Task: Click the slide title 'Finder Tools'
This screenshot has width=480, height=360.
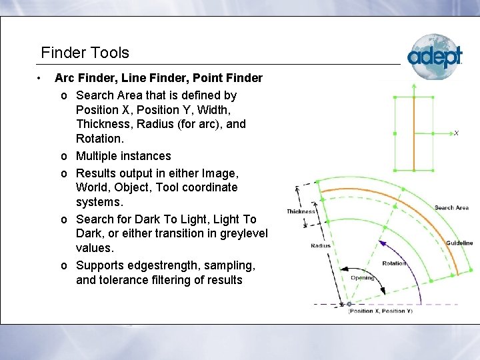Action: coord(85,53)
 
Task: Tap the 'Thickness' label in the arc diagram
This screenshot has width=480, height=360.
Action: coord(301,211)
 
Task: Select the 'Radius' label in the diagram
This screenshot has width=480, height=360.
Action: coord(320,246)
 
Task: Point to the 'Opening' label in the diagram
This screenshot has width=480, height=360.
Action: coord(362,278)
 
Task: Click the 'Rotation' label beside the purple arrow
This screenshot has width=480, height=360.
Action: coord(394,263)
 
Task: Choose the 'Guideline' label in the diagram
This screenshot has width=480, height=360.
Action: coord(459,243)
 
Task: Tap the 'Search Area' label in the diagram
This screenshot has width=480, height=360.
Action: coord(451,208)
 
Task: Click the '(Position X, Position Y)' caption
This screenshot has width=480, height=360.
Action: coord(380,311)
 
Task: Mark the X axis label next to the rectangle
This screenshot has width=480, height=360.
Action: coord(456,133)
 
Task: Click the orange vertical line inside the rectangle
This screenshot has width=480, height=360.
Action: coord(413,133)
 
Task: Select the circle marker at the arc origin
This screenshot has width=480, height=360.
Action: coord(349,304)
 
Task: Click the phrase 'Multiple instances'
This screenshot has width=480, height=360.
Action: coord(123,156)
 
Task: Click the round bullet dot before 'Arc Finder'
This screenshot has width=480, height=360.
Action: coord(41,79)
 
